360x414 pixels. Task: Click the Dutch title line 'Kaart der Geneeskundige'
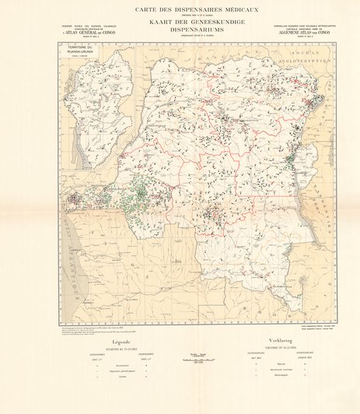pyautogui.click(x=180, y=23)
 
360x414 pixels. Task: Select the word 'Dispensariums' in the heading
pyautogui.click(x=180, y=31)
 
